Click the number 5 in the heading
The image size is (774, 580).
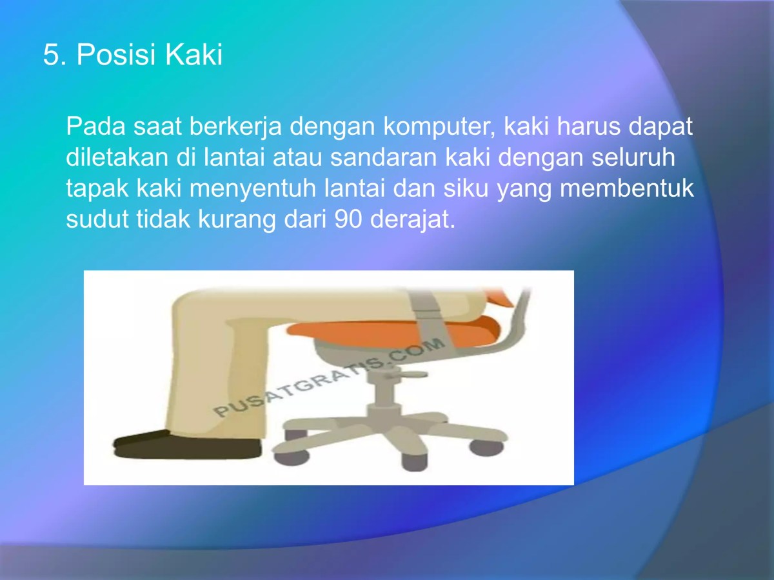pyautogui.click(x=51, y=55)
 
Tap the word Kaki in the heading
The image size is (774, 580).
pyautogui.click(x=193, y=55)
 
